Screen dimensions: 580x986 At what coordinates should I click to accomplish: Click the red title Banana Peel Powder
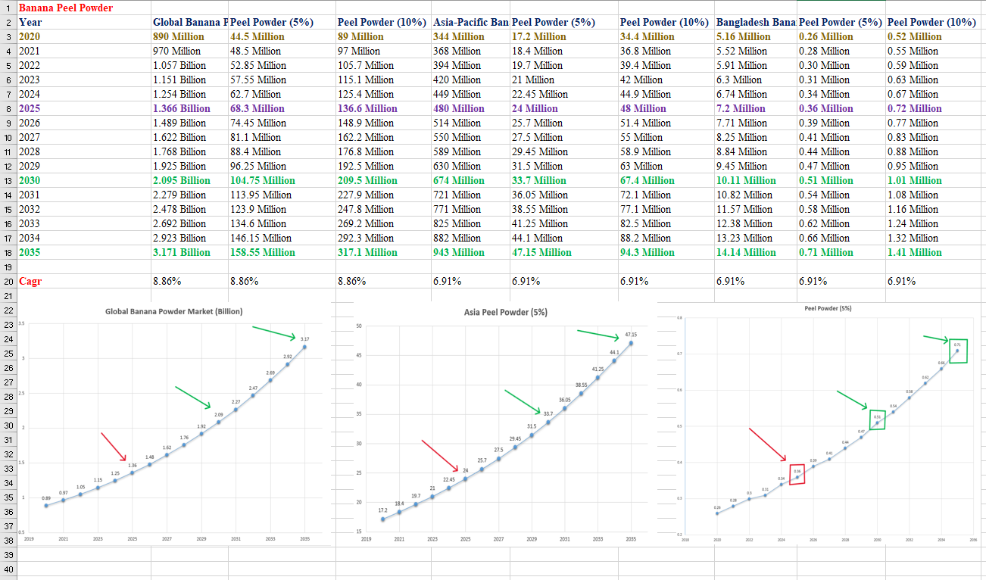coord(66,8)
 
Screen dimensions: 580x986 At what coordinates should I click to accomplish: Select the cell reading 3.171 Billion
coord(182,252)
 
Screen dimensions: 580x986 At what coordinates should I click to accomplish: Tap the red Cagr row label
coord(30,281)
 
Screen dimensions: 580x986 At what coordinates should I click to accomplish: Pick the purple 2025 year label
coord(31,108)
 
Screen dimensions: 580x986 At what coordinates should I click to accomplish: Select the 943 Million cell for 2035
coord(458,252)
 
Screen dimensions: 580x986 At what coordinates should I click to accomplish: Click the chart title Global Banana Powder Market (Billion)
coord(174,311)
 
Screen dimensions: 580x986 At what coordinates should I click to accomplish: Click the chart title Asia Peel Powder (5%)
coord(506,312)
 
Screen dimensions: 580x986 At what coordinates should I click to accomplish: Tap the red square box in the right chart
coord(797,474)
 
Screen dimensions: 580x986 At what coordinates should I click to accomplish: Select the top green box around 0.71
coord(958,351)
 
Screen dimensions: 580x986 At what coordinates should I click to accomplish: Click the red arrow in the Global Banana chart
coord(114,447)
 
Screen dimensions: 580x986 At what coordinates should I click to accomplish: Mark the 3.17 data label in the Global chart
coord(304,338)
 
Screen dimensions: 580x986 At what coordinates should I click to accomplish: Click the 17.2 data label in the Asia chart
coord(382,511)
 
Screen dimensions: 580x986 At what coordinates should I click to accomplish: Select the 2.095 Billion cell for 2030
coord(182,180)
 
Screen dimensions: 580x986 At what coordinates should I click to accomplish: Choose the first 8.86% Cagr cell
coord(167,281)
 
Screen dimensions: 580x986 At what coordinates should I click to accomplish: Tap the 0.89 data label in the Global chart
coord(46,497)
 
